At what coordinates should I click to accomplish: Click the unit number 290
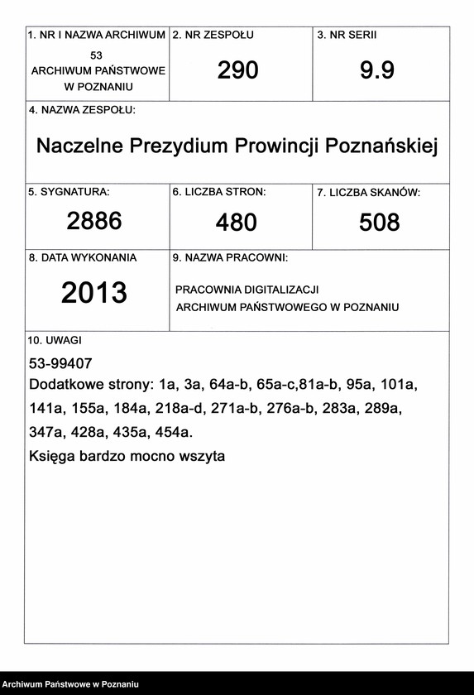238,71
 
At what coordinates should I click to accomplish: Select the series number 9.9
377,71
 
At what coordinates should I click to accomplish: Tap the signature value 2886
94,221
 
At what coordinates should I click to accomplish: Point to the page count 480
237,223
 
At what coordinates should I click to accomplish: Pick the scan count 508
380,223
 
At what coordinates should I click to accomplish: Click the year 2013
94,293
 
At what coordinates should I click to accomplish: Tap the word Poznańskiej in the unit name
381,146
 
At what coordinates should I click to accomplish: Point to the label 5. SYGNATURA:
69,192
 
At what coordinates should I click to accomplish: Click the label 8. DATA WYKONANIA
83,258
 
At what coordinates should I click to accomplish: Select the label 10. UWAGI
55,340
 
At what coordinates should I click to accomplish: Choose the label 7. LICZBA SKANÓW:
369,193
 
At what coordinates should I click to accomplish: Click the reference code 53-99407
60,363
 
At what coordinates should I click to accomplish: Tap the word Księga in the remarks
52,456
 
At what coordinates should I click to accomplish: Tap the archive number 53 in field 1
98,54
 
